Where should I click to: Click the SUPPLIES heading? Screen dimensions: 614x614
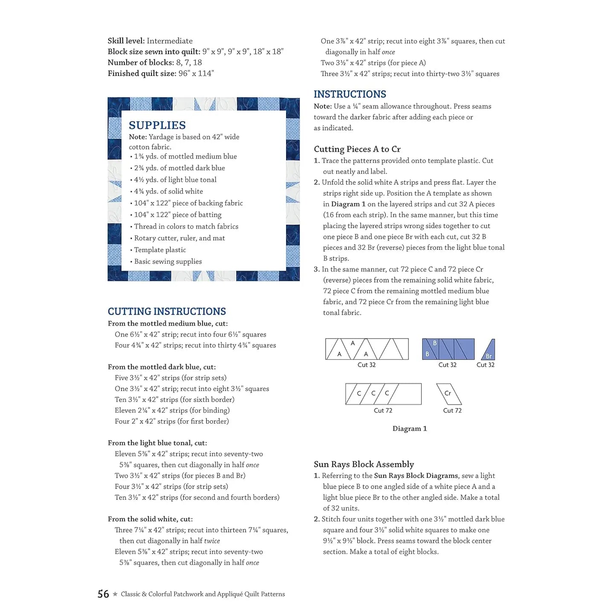click(157, 125)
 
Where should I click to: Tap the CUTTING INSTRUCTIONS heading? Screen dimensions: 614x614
click(167, 312)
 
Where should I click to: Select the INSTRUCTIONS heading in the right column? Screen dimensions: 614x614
click(350, 94)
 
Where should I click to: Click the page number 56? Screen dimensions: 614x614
click(103, 594)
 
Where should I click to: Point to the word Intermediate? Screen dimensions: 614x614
click(169, 41)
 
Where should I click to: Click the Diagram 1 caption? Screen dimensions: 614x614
click(409, 429)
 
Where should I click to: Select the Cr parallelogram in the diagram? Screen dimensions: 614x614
click(449, 394)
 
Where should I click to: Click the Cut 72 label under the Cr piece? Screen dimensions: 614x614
click(452, 411)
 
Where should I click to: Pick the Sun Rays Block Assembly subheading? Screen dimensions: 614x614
click(364, 464)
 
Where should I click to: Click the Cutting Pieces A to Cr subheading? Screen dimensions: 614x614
click(357, 149)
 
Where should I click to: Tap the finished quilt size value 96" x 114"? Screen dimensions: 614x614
click(196, 73)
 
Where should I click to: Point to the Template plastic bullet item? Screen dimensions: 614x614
click(160, 250)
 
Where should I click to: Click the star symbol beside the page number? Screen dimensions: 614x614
click(115, 594)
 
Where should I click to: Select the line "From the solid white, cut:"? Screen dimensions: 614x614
click(150, 519)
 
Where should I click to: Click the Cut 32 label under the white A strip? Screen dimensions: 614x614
click(366, 365)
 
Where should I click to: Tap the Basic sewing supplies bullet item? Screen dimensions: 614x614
click(168, 261)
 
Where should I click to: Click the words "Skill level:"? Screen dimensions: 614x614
click(126, 41)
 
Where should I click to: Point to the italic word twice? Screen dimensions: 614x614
click(212, 541)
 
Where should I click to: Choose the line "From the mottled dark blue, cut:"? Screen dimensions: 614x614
click(162, 367)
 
